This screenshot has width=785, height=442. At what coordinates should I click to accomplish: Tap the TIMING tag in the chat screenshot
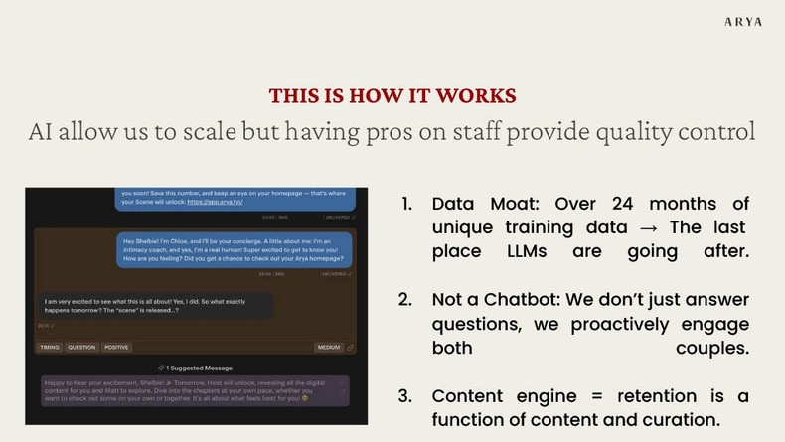[x=49, y=348]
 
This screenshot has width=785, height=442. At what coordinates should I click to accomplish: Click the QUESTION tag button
[x=81, y=348]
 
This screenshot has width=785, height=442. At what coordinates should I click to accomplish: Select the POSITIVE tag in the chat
[x=116, y=348]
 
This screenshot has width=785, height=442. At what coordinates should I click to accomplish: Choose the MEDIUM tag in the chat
[x=329, y=348]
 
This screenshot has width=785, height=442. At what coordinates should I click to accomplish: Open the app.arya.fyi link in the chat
[x=215, y=201]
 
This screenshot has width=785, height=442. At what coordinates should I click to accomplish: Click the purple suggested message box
[x=194, y=390]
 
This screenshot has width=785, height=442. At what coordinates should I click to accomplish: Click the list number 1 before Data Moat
[x=405, y=204]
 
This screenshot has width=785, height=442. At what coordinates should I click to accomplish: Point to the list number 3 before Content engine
[x=405, y=396]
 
